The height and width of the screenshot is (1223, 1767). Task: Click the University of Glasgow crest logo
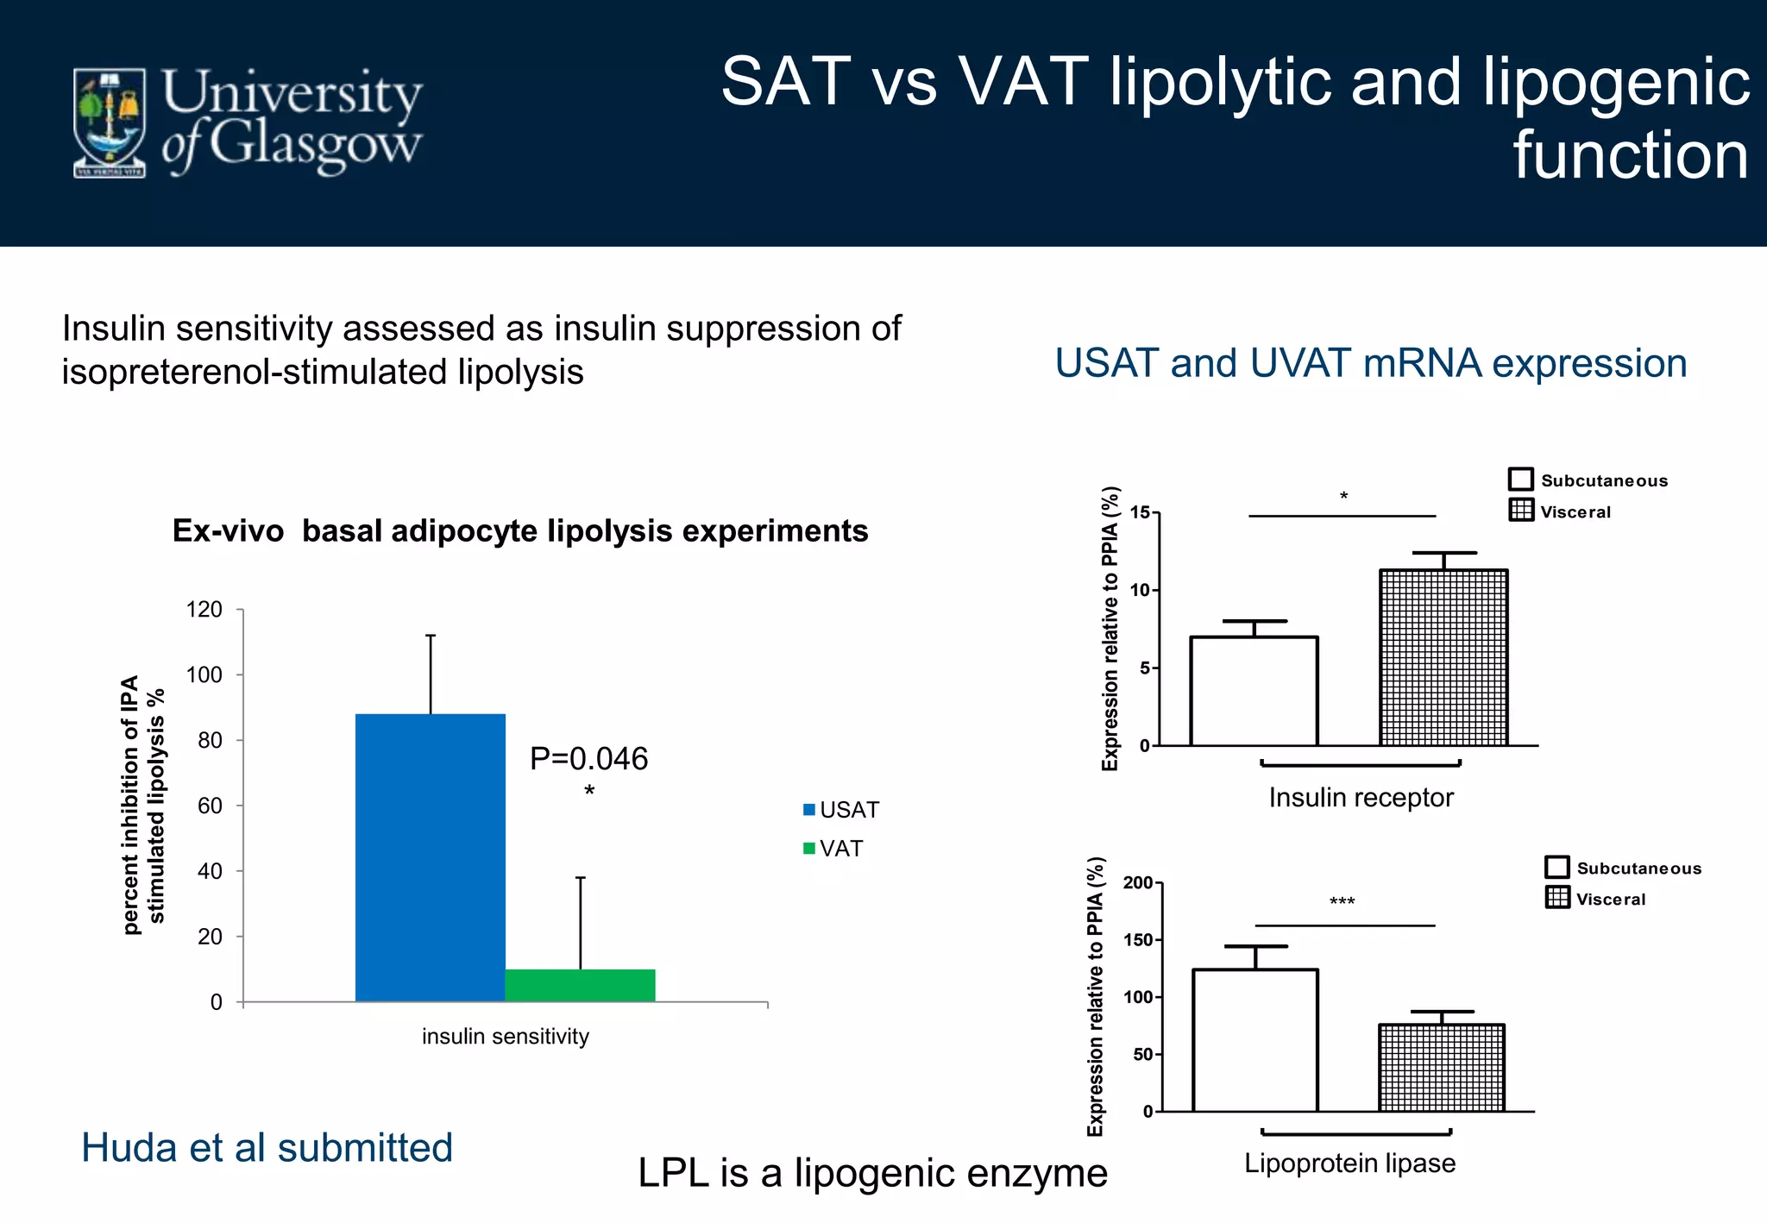(110, 123)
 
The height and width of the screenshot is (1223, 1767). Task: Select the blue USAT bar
(430, 857)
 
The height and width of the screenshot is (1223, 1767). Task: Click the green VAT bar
(580, 985)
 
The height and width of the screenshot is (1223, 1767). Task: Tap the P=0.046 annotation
(588, 759)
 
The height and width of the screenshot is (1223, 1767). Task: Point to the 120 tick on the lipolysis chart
(204, 610)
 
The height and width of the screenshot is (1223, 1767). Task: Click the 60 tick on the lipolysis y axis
(210, 806)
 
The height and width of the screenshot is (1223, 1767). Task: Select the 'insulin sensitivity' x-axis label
(505, 1036)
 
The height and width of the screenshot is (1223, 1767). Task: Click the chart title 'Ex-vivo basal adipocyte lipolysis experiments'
(520, 530)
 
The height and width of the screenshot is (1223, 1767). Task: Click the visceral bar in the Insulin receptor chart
(1443, 657)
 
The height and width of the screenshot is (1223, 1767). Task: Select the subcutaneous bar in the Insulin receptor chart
(1254, 691)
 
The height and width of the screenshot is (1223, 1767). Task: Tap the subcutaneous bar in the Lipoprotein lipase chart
(1255, 1040)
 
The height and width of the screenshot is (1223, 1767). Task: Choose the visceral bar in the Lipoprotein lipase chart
(1441, 1068)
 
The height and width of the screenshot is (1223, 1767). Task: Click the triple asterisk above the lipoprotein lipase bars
(1342, 902)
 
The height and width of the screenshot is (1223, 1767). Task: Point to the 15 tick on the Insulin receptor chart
(1141, 513)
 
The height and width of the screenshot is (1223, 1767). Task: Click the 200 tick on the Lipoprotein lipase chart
(1138, 882)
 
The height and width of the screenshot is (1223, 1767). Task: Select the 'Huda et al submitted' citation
(267, 1148)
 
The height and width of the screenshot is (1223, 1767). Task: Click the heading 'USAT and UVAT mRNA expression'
(1370, 363)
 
